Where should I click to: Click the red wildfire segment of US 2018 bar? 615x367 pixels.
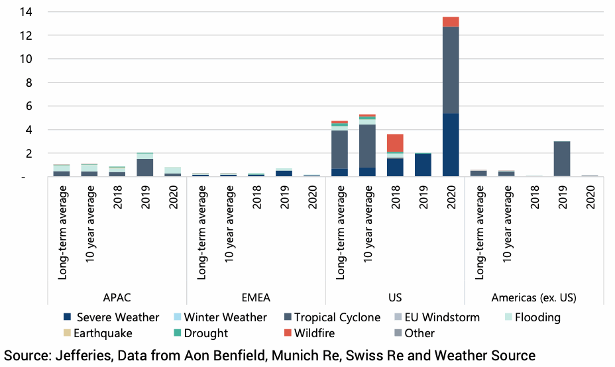coord(395,142)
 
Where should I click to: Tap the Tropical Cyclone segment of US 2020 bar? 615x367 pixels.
coord(451,70)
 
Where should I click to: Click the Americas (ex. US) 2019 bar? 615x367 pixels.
coord(562,158)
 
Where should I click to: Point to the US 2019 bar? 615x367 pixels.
coord(423,164)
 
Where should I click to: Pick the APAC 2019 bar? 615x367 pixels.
coord(145,167)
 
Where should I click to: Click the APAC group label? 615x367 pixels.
coord(117,297)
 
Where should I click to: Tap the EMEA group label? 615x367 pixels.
coord(256,297)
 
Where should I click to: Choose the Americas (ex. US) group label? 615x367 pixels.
coord(533,297)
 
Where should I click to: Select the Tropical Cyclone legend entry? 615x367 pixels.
coord(337,317)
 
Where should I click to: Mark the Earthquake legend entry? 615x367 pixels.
coord(103,333)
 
